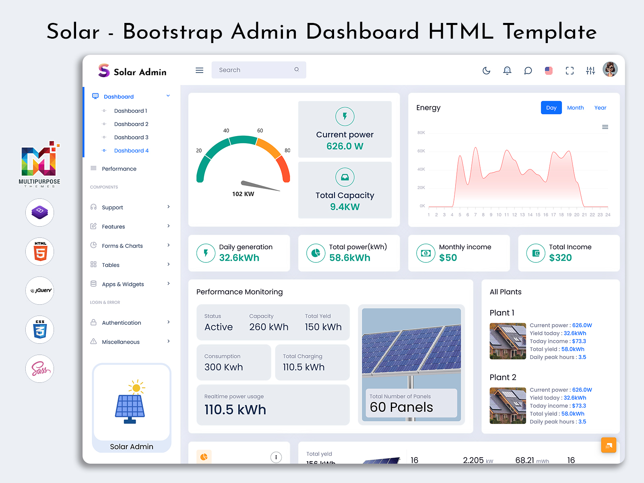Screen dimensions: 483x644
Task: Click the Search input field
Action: click(254, 70)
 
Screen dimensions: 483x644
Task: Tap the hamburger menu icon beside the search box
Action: click(199, 70)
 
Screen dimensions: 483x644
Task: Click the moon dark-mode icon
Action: click(486, 71)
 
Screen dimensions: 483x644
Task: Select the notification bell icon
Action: click(507, 71)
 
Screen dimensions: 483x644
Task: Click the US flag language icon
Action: click(549, 71)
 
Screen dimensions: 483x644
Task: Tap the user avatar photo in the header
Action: click(610, 69)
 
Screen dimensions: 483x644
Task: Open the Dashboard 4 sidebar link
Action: click(131, 151)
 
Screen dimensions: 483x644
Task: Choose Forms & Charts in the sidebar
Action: click(122, 246)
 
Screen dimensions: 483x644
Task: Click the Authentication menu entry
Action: click(122, 323)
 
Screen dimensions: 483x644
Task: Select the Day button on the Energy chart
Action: click(551, 108)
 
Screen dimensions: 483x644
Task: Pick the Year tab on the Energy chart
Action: click(600, 108)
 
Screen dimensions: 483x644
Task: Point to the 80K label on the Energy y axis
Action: click(421, 132)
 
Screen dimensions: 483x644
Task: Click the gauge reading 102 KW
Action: click(243, 194)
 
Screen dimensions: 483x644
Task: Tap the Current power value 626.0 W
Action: click(345, 146)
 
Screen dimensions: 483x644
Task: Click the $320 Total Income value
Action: click(560, 258)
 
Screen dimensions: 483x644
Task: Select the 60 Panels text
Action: click(401, 407)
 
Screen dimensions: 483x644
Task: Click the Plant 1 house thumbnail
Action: click(508, 341)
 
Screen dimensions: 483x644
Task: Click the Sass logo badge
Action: click(40, 369)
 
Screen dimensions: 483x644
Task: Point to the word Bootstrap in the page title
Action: click(172, 31)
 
